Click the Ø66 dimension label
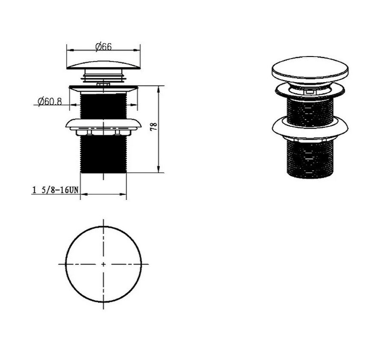[x=103, y=46]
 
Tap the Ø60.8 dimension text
[x=50, y=102]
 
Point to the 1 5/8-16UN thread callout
[x=55, y=190]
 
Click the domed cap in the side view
[x=103, y=65]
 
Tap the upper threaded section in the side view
[x=103, y=106]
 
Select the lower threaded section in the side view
[x=103, y=154]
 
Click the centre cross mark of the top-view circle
[x=103, y=264]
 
